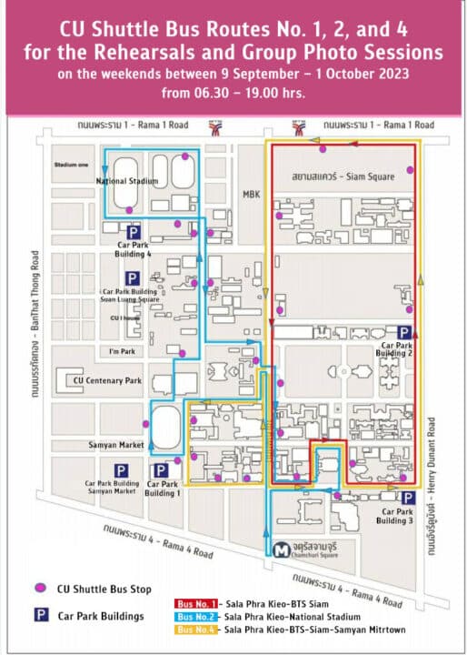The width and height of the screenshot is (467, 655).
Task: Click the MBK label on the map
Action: click(x=251, y=194)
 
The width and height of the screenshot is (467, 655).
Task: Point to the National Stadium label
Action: click(x=127, y=181)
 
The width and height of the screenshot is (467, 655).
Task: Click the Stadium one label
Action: click(x=69, y=166)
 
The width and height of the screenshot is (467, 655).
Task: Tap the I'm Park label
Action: click(x=121, y=351)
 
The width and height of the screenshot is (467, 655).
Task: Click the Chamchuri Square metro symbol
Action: click(x=283, y=549)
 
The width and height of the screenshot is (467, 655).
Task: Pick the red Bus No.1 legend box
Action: click(x=197, y=603)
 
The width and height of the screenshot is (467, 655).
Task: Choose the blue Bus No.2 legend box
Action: click(x=197, y=616)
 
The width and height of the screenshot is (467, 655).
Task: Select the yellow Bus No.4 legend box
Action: click(x=197, y=629)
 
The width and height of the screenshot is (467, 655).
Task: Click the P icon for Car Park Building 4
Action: click(x=133, y=232)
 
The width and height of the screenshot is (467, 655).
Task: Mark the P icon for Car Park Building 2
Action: click(x=404, y=333)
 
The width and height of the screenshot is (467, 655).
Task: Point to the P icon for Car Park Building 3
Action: click(x=409, y=498)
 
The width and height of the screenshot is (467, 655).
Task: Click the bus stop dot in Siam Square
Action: click(x=410, y=170)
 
